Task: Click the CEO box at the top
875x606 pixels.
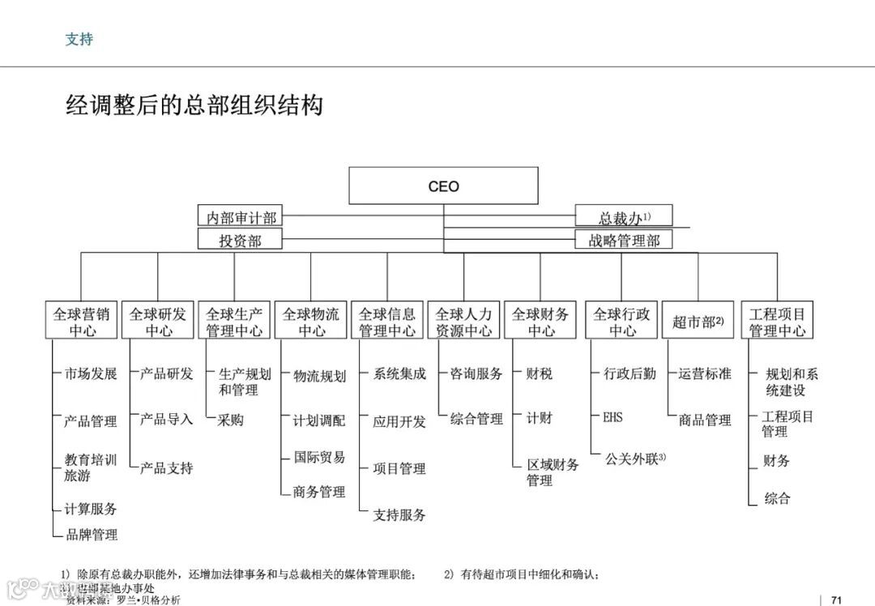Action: (443, 186)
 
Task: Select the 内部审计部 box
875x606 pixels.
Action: (241, 217)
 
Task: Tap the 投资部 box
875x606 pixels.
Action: (241, 240)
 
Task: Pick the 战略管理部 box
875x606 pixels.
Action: (624, 240)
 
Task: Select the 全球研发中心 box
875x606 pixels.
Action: (158, 322)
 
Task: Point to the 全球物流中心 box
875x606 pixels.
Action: (311, 322)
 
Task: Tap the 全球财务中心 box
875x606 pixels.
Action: (540, 322)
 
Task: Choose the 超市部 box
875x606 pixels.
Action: (698, 322)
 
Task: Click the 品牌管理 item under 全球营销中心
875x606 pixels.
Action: (92, 535)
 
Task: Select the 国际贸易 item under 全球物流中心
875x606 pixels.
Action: (319, 457)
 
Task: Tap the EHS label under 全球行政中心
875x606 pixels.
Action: (613, 418)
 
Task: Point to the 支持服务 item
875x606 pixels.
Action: (399, 514)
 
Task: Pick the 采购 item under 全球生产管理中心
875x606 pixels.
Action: (230, 420)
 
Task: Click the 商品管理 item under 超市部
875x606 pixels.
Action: (705, 420)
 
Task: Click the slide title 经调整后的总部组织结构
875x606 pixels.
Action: (194, 105)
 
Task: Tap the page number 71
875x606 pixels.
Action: (837, 600)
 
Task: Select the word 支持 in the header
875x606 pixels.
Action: (79, 39)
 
